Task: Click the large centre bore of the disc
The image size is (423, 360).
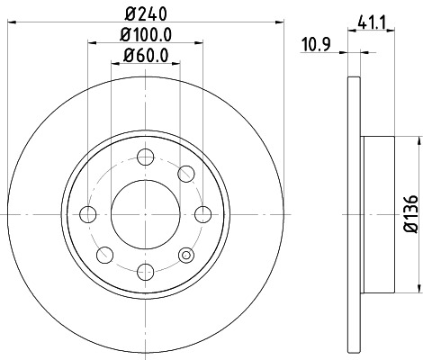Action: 144,213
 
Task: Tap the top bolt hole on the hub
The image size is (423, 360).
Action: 144,158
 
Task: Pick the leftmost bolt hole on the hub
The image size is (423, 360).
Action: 88,213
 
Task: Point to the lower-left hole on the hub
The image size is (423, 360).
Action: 103,254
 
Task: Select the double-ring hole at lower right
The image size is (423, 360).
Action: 185,254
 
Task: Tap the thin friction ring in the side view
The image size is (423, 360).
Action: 352,214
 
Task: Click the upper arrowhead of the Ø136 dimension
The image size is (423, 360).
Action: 417,141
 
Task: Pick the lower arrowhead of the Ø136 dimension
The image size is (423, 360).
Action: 417,287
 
